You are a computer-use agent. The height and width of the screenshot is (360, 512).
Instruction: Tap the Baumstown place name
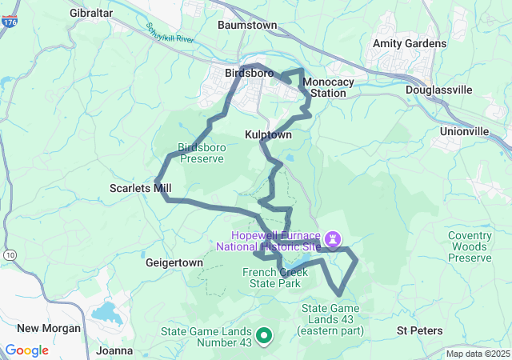247,25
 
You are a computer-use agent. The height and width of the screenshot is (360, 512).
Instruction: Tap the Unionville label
464,130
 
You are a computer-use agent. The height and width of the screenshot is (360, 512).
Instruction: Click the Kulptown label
268,136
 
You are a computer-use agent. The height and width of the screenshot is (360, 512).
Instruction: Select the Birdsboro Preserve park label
200,153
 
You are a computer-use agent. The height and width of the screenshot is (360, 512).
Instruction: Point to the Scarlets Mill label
140,189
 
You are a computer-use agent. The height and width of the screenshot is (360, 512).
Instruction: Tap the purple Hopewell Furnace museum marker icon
334,239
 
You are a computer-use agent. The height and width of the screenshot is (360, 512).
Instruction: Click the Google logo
27,350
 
